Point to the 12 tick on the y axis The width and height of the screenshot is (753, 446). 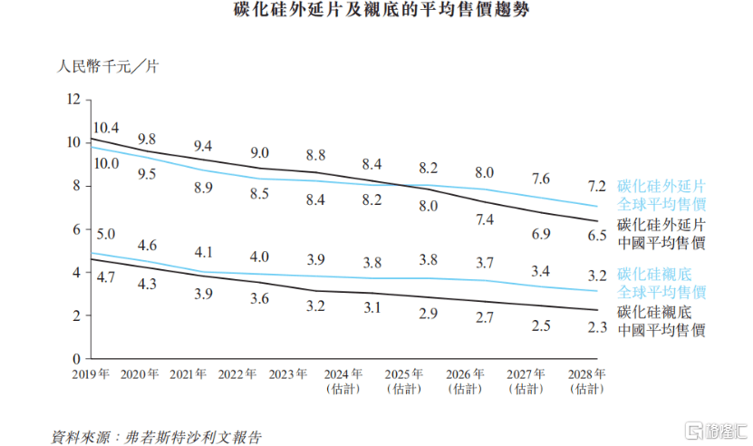74,99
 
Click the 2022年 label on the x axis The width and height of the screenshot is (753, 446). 237,373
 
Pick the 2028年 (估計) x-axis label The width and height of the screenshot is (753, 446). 586,381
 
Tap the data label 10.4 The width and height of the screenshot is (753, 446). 107,128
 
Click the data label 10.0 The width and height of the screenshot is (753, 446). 107,163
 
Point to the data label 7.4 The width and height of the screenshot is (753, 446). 484,218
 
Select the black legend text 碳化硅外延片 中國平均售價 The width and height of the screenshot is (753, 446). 661,234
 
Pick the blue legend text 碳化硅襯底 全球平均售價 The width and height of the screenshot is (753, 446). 661,283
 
